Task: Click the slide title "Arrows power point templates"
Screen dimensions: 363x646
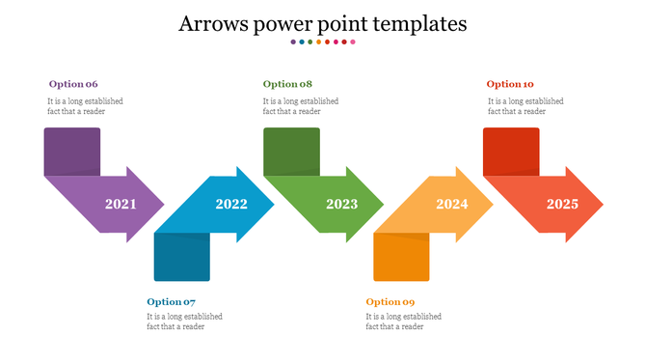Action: tap(323, 23)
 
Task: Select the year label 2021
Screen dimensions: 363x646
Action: tap(121, 205)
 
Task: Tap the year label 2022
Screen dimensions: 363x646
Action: tap(231, 205)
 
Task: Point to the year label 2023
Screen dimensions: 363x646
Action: tap(341, 205)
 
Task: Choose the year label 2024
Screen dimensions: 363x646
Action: tap(451, 205)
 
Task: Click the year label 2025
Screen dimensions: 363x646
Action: tap(562, 205)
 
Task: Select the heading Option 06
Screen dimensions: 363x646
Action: tap(73, 84)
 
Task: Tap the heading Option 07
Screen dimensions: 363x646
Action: tap(172, 302)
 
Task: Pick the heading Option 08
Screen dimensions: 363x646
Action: tap(287, 84)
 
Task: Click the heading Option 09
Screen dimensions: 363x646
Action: tap(390, 302)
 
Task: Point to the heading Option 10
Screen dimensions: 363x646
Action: tap(510, 84)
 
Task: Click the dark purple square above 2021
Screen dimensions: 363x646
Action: tap(72, 151)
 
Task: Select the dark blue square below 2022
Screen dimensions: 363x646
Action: tap(181, 257)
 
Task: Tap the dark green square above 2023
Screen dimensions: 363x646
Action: tap(291, 151)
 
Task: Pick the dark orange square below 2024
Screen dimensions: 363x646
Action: tap(401, 257)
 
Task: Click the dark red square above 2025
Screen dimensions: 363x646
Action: tap(511, 151)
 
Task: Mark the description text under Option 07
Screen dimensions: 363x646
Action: tap(184, 321)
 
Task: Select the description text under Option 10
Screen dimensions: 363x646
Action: tap(525, 105)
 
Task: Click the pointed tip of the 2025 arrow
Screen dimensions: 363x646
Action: tap(601, 205)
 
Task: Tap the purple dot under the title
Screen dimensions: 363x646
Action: tap(293, 42)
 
